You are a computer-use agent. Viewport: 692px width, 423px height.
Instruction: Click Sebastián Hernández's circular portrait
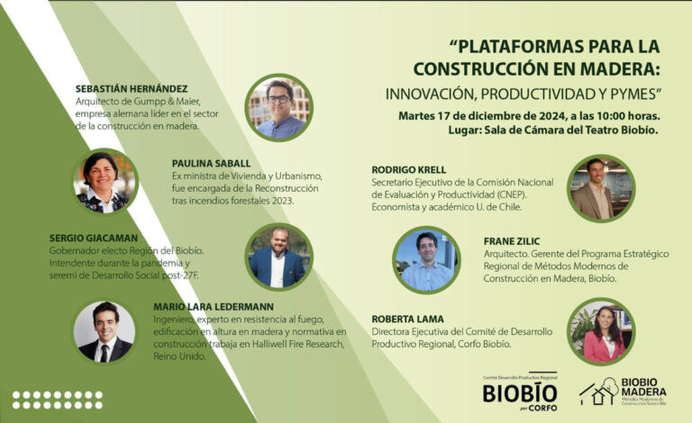pyautogui.click(x=279, y=107)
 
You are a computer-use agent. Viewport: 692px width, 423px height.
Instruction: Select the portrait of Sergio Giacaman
pyautogui.click(x=278, y=256)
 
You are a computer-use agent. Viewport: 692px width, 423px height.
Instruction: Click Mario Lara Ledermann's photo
pyautogui.click(x=104, y=330)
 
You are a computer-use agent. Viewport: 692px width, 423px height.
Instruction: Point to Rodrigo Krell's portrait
pyautogui.click(x=601, y=189)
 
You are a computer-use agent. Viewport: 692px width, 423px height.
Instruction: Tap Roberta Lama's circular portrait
pyautogui.click(x=601, y=331)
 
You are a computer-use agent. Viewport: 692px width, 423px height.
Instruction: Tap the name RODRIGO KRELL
pyautogui.click(x=408, y=169)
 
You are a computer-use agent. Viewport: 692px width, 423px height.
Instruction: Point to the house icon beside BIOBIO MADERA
pyautogui.click(x=597, y=391)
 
